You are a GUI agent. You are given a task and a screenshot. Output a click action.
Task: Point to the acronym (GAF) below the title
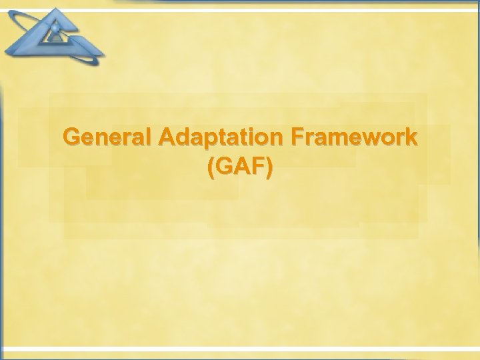tap(240, 169)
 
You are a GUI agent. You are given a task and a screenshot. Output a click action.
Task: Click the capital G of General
tap(71, 137)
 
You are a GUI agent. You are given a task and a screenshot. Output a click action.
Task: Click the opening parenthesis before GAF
tap(212, 170)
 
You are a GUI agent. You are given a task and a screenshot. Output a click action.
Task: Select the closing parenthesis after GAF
tap(268, 170)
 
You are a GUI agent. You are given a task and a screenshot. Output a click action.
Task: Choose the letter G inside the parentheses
tap(225, 169)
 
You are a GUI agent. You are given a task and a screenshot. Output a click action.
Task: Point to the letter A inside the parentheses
tap(241, 169)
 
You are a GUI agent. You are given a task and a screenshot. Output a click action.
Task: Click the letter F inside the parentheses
tap(257, 169)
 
